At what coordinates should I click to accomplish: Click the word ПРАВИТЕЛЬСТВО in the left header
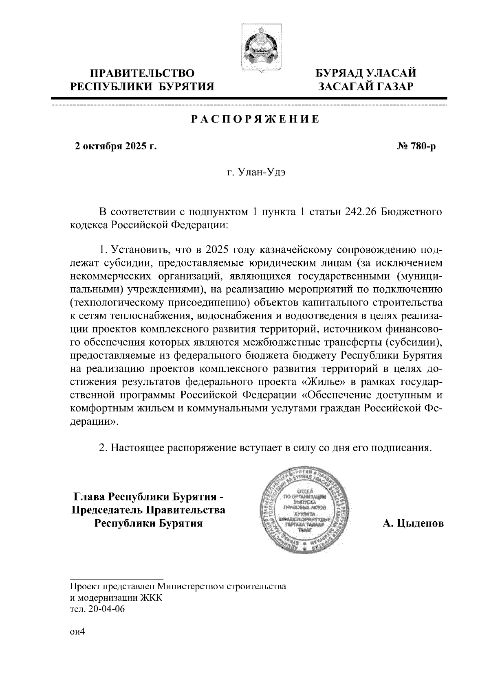click(142, 74)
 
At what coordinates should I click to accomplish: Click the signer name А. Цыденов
click(413, 523)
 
